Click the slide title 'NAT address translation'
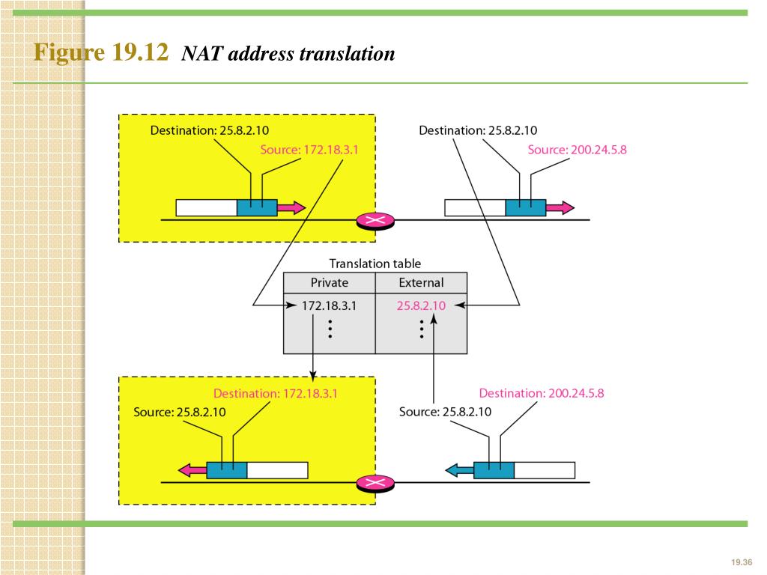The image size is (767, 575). click(x=288, y=55)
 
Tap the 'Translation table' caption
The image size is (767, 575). click(x=375, y=264)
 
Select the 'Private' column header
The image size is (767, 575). click(x=330, y=283)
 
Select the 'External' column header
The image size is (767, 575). click(x=421, y=283)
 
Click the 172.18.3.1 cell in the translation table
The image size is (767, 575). click(x=330, y=305)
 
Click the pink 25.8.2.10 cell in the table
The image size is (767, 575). click(x=421, y=305)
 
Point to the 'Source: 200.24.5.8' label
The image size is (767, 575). click(x=577, y=150)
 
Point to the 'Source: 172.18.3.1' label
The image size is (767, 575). click(x=309, y=150)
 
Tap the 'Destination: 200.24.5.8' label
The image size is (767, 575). click(x=541, y=393)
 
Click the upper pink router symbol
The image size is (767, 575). click(x=376, y=220)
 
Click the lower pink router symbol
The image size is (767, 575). click(x=376, y=483)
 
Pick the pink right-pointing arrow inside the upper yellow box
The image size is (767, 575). click(x=291, y=207)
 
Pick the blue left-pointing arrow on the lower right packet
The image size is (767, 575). click(x=459, y=470)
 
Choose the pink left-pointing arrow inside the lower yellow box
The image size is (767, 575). click(x=192, y=470)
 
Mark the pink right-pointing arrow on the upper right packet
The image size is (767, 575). click(x=560, y=207)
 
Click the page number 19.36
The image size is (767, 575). click(x=740, y=562)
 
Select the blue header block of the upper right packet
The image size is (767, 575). click(x=525, y=207)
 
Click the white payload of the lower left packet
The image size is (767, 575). click(x=277, y=470)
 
